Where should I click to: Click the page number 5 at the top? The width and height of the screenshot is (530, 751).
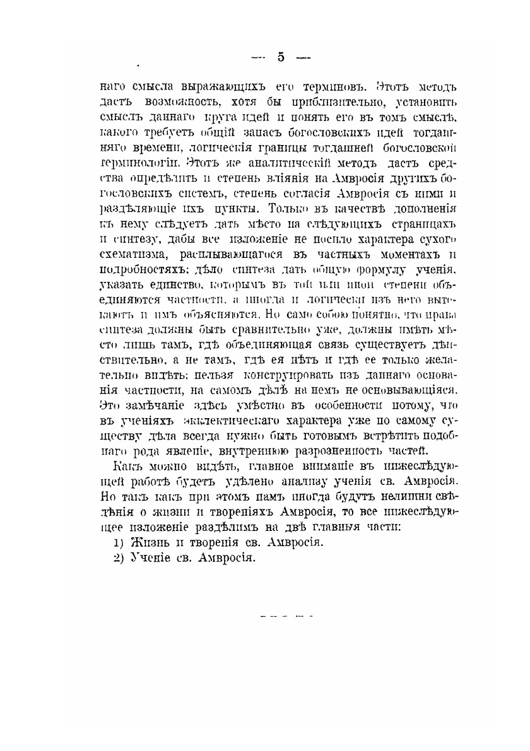pyautogui.click(x=281, y=57)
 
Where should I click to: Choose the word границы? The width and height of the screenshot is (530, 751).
pyautogui.click(x=264, y=146)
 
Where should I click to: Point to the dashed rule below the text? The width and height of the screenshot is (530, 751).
pyautogui.click(x=286, y=614)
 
